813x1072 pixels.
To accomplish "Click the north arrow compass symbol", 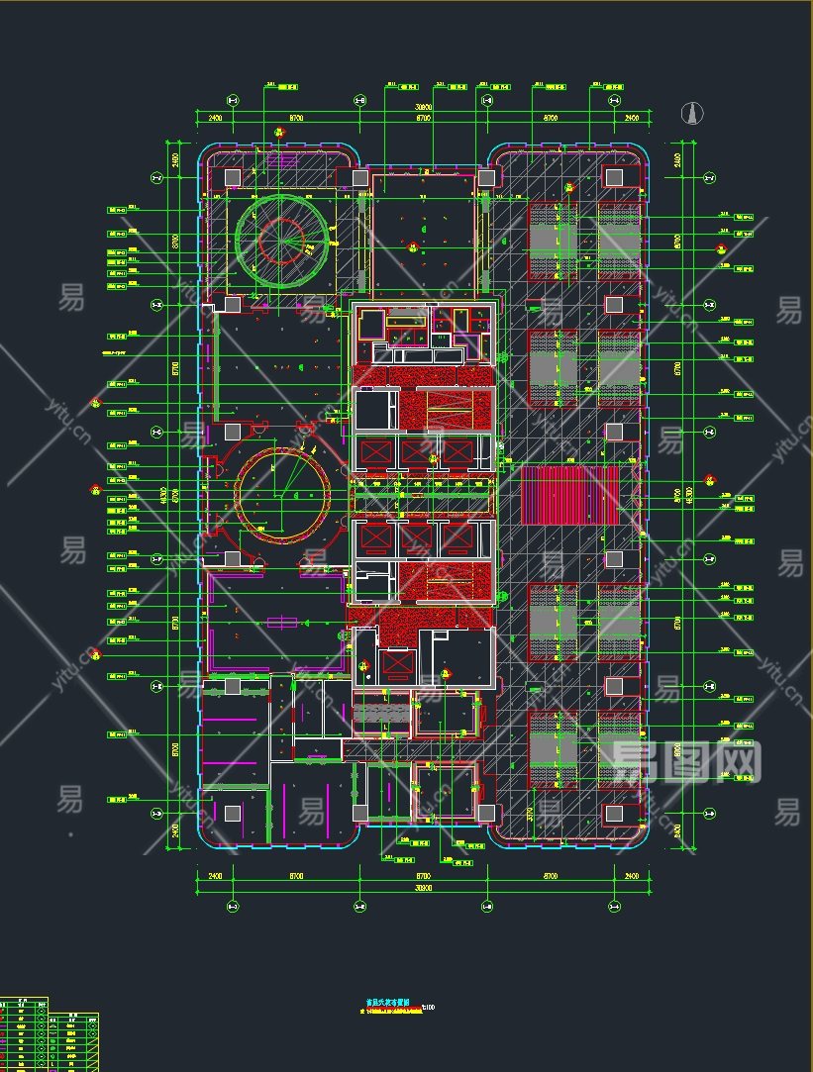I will pyautogui.click(x=695, y=114).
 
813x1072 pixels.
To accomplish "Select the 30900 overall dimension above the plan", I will pyautogui.click(x=424, y=107).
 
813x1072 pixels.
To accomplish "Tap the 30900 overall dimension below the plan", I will pyautogui.click(x=424, y=888).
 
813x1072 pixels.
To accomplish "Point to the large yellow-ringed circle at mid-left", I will pyautogui.click(x=283, y=494).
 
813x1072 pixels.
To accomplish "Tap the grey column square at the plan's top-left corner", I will pyautogui.click(x=232, y=177).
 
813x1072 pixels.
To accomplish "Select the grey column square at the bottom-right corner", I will pyautogui.click(x=614, y=814).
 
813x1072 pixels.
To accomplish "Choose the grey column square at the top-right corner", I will pyautogui.click(x=614, y=177).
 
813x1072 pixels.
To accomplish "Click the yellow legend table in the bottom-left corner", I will pyautogui.click(x=50, y=1035).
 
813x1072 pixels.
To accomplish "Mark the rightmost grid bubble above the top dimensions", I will pyautogui.click(x=614, y=100).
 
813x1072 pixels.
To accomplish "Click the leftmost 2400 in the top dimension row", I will pyautogui.click(x=214, y=119).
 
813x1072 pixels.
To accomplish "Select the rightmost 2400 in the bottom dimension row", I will pyautogui.click(x=632, y=876).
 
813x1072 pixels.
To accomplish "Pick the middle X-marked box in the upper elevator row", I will pyautogui.click(x=417, y=453).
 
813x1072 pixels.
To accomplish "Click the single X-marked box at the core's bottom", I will pyautogui.click(x=396, y=662).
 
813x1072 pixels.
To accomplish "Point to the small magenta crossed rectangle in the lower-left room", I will pyautogui.click(x=283, y=622).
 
